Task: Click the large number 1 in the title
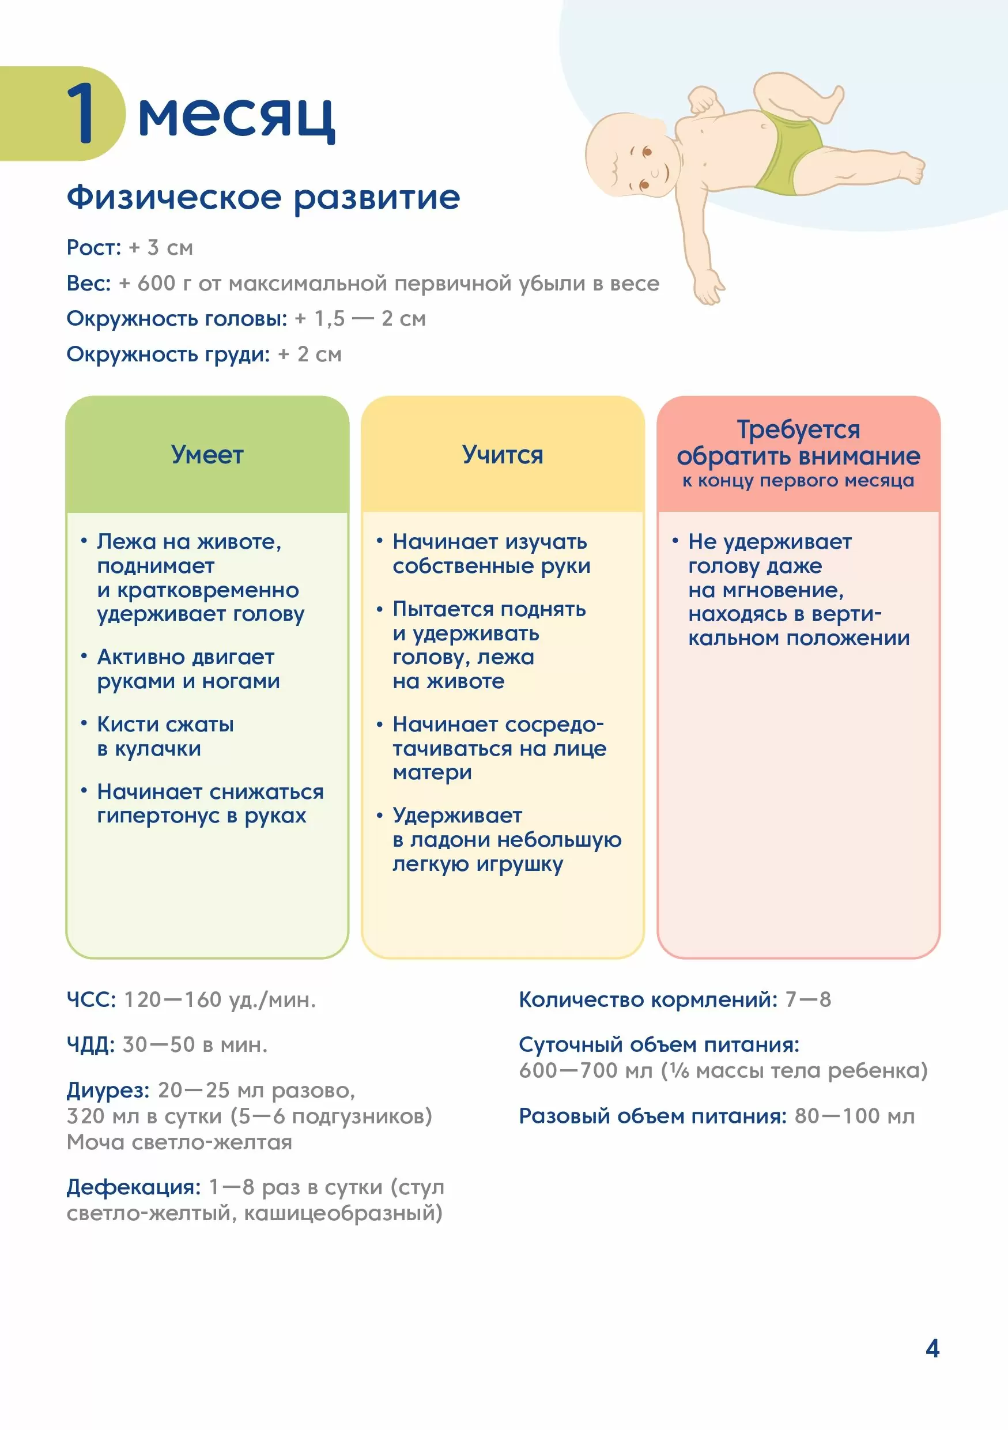point(81,113)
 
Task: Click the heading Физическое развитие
point(263,198)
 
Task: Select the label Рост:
point(94,248)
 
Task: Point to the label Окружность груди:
point(168,354)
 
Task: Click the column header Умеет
point(207,455)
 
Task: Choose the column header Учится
point(503,455)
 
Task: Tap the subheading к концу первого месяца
point(798,481)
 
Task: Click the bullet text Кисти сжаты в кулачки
point(165,736)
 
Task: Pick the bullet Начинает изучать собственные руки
point(490,554)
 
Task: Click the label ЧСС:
point(91,999)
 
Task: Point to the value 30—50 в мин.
point(195,1044)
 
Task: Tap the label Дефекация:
point(133,1187)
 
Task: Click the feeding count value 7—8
point(808,999)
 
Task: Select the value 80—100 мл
point(854,1115)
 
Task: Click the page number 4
point(932,1348)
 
